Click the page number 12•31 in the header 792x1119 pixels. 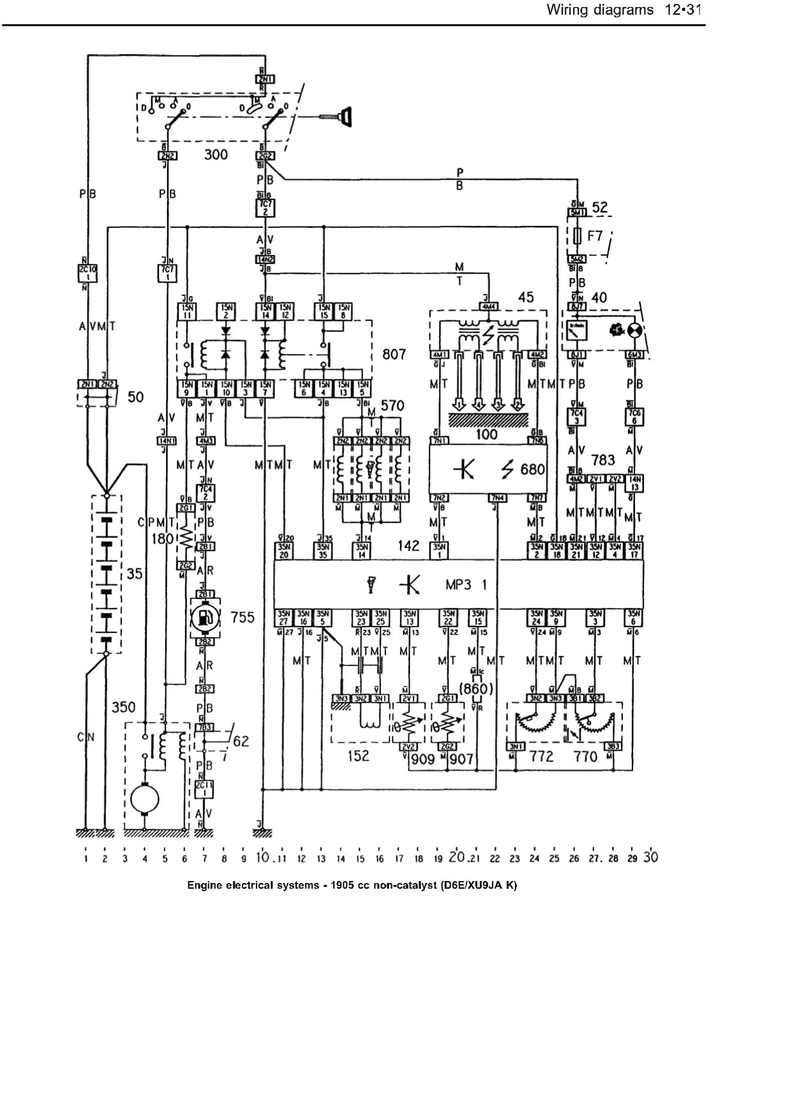tap(682, 10)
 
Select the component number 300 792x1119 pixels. tap(216, 154)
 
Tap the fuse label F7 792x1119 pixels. tap(594, 236)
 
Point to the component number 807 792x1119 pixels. tap(394, 353)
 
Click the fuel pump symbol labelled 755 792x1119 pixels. tap(205, 617)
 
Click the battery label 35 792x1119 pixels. tap(134, 574)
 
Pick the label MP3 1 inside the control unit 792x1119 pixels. tap(466, 584)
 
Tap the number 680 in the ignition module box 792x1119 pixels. tap(532, 470)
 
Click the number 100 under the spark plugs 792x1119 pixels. tap(487, 434)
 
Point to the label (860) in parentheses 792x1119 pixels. tap(476, 688)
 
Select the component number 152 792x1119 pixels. tap(358, 755)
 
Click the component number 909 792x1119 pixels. tap(422, 759)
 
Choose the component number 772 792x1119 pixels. tap(541, 757)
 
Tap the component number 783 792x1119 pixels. tap(602, 460)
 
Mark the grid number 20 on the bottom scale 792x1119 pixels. tap(456, 857)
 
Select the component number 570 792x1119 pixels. tap(392, 406)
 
